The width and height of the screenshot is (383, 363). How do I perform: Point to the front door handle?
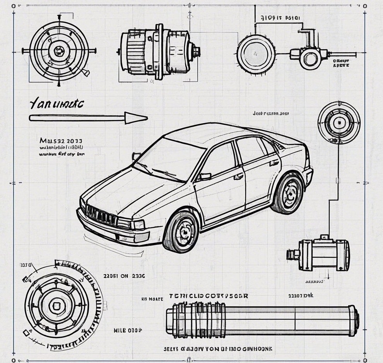coord(238,176)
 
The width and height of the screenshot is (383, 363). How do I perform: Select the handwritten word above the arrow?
coord(56,104)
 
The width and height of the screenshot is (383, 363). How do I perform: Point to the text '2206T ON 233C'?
coord(124,276)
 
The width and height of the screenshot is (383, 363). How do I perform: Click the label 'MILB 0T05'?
coord(128,330)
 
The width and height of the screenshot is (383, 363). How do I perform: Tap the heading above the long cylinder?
coord(209,296)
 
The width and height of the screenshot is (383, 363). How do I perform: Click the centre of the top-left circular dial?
coord(59,50)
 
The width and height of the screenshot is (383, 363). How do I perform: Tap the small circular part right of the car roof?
coord(339,122)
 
